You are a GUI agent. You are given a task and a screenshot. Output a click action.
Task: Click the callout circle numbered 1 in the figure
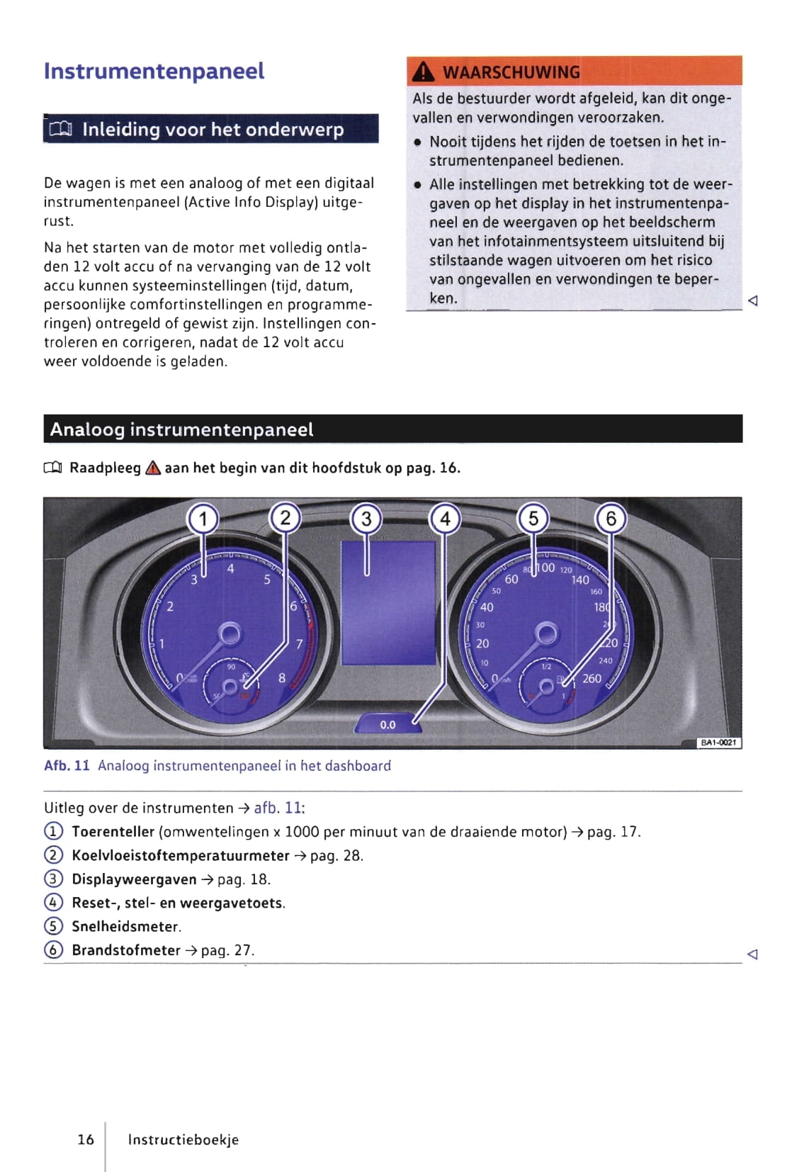pos(203,519)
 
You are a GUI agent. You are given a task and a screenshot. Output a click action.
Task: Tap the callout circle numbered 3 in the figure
pos(366,519)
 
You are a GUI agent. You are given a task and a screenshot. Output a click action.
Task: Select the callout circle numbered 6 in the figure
pos(611,519)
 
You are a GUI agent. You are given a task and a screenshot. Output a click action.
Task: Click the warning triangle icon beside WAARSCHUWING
pos(423,72)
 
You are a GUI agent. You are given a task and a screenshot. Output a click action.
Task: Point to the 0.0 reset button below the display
pos(387,724)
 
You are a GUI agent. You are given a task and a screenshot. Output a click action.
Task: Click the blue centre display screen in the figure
pos(387,602)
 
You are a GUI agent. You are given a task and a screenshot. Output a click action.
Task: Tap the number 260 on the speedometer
pos(592,678)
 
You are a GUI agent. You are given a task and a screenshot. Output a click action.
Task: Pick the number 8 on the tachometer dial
pos(282,678)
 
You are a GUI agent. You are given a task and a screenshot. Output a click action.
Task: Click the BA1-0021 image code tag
pos(719,742)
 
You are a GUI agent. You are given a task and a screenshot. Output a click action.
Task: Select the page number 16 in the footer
pos(86,1139)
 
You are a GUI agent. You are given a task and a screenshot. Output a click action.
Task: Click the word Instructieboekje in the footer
pos(183,1139)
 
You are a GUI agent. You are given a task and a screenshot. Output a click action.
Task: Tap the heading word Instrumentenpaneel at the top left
pos(154,71)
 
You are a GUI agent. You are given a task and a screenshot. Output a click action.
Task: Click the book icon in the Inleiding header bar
pos(61,129)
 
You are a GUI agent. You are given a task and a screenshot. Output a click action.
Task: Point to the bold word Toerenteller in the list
pos(113,831)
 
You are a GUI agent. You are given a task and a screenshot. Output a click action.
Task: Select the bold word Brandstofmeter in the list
pos(126,950)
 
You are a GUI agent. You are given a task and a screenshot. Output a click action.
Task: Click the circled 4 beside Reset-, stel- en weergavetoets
pos(53,903)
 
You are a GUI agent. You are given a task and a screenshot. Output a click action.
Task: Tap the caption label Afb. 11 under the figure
pos(67,765)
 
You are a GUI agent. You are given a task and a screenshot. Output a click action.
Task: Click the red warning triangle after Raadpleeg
pos(153,468)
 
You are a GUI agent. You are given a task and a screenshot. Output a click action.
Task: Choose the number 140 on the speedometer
pos(580,580)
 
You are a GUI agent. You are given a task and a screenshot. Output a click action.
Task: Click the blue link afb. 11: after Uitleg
pos(279,808)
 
